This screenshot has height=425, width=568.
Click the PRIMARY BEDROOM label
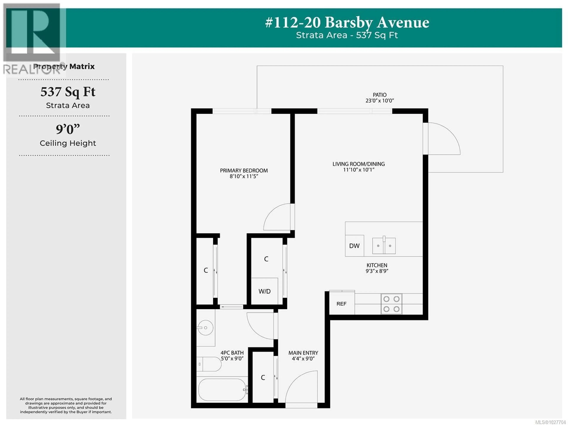point(244,170)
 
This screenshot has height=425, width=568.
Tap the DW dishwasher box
point(354,246)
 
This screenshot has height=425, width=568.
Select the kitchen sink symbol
point(384,246)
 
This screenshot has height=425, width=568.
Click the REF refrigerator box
point(342,304)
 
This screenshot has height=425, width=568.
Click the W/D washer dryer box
point(264,291)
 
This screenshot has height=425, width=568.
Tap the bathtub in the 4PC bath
point(222,390)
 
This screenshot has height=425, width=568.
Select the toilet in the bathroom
point(209,364)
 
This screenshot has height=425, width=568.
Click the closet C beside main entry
point(263,377)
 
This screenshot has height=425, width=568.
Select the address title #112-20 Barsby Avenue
point(347,23)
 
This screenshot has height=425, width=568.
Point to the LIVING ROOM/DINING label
point(358,164)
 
